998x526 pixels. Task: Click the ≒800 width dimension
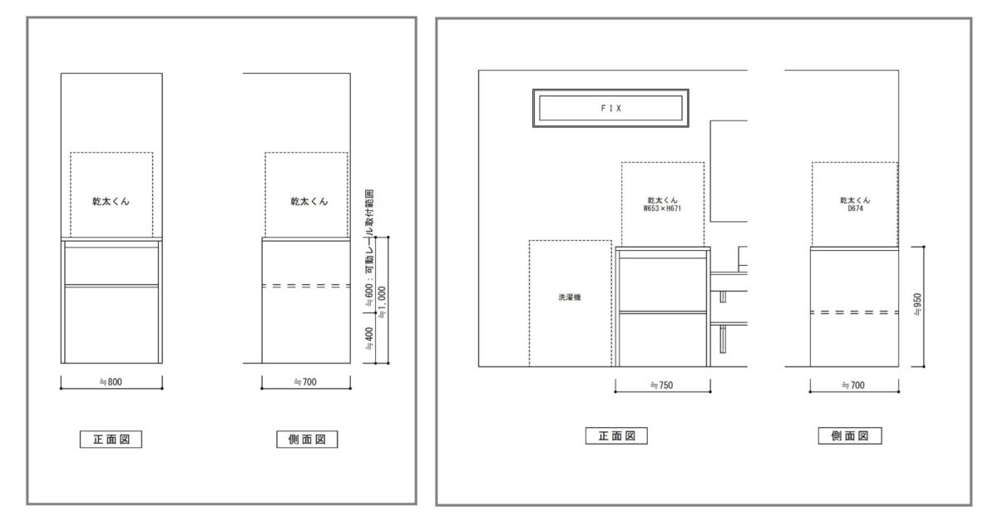pos(111,381)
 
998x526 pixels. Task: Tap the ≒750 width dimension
pos(662,386)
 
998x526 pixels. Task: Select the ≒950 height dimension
pos(918,305)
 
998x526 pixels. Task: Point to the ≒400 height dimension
pos(369,339)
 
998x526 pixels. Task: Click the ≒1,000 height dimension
pos(383,302)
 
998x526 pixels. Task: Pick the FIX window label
pos(610,108)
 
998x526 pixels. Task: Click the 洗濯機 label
pos(570,297)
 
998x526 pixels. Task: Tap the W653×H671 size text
pos(662,209)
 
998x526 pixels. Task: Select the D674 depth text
pos(856,209)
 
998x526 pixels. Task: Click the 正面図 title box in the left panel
pos(111,440)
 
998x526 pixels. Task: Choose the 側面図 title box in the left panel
pos(307,440)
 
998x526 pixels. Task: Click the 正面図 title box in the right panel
pos(616,435)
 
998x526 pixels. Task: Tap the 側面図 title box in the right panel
pos(850,435)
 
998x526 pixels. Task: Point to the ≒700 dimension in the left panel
pos(305,381)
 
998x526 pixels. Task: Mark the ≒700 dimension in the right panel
pos(853,386)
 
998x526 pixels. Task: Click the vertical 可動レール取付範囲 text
pos(369,231)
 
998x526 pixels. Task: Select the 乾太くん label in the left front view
pos(111,202)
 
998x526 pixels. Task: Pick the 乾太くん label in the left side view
pos(309,202)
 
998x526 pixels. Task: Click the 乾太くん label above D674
pos(856,200)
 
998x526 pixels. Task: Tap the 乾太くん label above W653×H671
pos(663,200)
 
